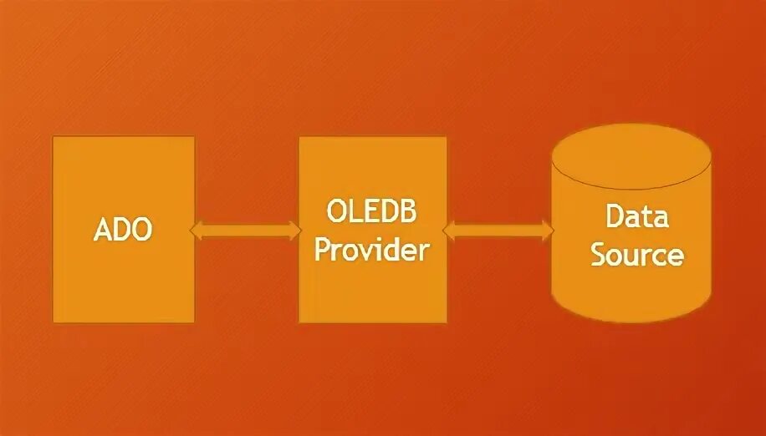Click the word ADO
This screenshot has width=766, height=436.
pyautogui.click(x=123, y=230)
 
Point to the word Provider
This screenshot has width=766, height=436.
pyautogui.click(x=371, y=249)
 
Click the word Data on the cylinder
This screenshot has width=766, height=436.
pyautogui.click(x=637, y=217)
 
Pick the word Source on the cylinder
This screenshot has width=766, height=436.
pyautogui.click(x=637, y=254)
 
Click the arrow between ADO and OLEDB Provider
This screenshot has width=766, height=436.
pyautogui.click(x=247, y=230)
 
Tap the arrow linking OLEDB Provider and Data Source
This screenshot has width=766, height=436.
pyautogui.click(x=498, y=230)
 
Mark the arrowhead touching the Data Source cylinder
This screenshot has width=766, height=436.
pyautogui.click(x=545, y=230)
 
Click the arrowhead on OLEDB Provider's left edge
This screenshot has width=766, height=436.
pyautogui.click(x=294, y=230)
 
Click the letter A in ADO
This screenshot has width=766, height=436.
pyautogui.click(x=102, y=230)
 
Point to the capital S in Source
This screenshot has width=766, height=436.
pyautogui.click(x=599, y=254)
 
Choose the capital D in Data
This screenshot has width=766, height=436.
pyautogui.click(x=615, y=217)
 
